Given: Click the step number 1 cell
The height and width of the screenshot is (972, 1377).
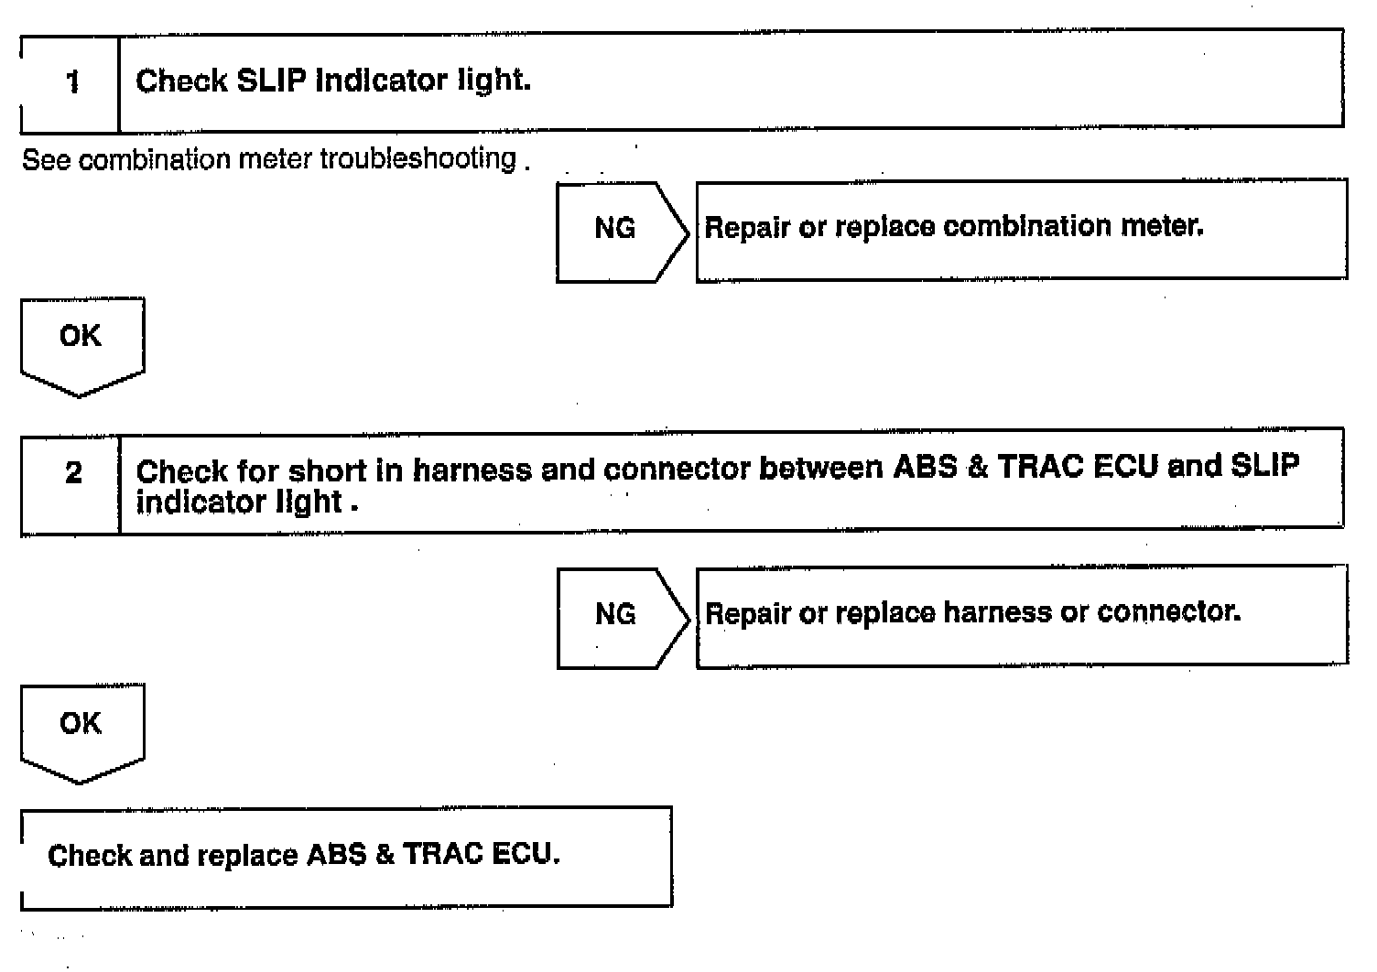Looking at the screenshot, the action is coord(71,82).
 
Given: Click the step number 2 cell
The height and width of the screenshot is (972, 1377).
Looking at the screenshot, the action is coord(72,473).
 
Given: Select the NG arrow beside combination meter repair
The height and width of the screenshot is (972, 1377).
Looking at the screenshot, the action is coord(619,229).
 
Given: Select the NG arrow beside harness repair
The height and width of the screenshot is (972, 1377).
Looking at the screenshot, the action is coord(619,615).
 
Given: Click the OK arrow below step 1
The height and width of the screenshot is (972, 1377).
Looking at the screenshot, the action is coord(81,341).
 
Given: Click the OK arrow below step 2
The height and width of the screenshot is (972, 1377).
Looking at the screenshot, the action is coord(81,728).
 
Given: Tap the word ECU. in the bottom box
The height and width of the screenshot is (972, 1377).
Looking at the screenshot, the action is coord(526,854).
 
